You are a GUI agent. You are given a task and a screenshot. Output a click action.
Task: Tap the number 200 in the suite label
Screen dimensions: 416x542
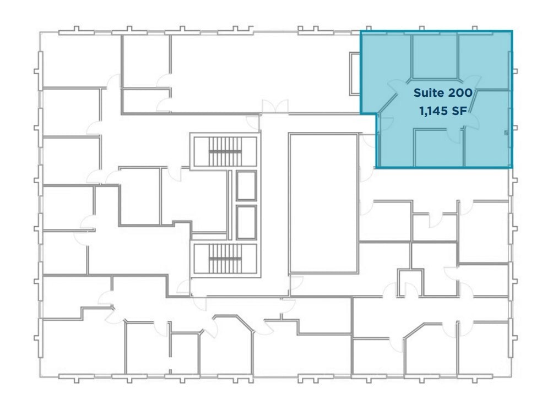click(457, 94)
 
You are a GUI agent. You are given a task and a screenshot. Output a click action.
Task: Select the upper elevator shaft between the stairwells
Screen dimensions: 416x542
click(246, 185)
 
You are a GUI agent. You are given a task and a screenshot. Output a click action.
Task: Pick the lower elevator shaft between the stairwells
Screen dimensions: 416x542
click(246, 222)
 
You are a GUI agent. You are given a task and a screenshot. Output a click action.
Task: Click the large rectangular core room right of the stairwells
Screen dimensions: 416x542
click(323, 203)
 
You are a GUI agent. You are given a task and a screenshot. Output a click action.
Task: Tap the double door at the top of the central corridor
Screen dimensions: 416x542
click(274, 107)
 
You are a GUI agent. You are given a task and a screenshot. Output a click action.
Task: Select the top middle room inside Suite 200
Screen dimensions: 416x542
click(435, 55)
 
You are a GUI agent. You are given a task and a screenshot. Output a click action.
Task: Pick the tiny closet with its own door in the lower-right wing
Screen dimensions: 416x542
click(409, 283)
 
